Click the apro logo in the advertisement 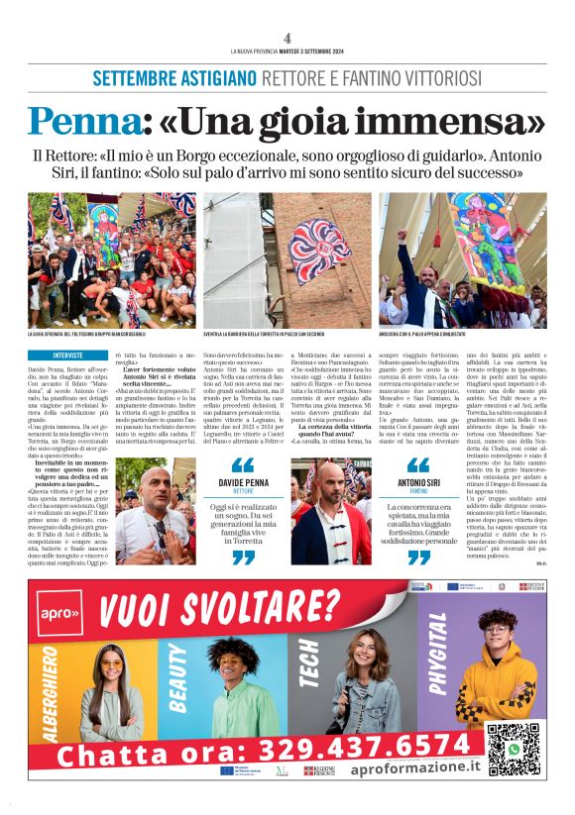tap(58, 614)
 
